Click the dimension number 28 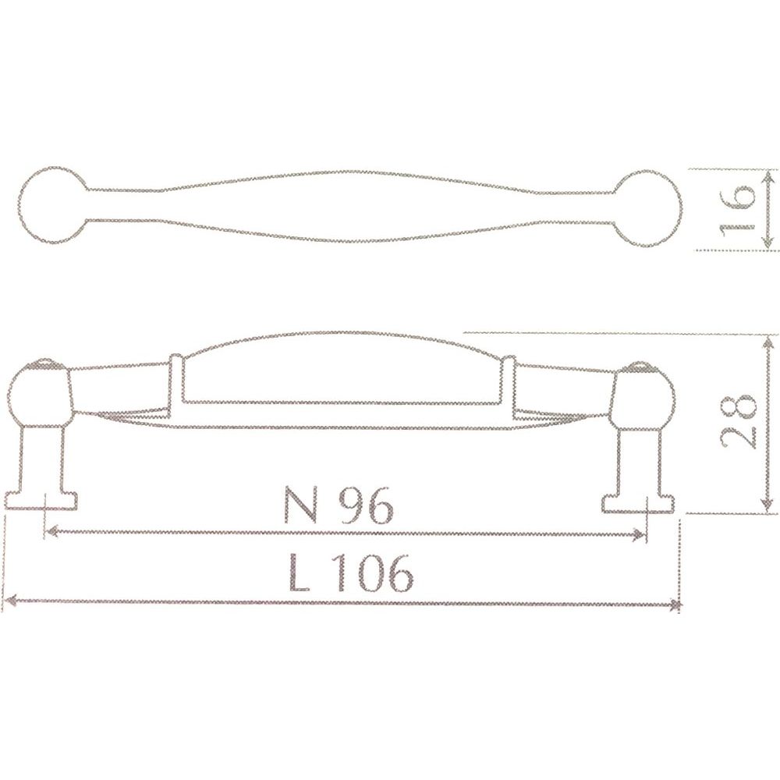click(738, 422)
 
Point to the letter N click(300, 504)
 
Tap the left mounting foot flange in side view click(41, 501)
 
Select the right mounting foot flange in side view click(639, 503)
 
